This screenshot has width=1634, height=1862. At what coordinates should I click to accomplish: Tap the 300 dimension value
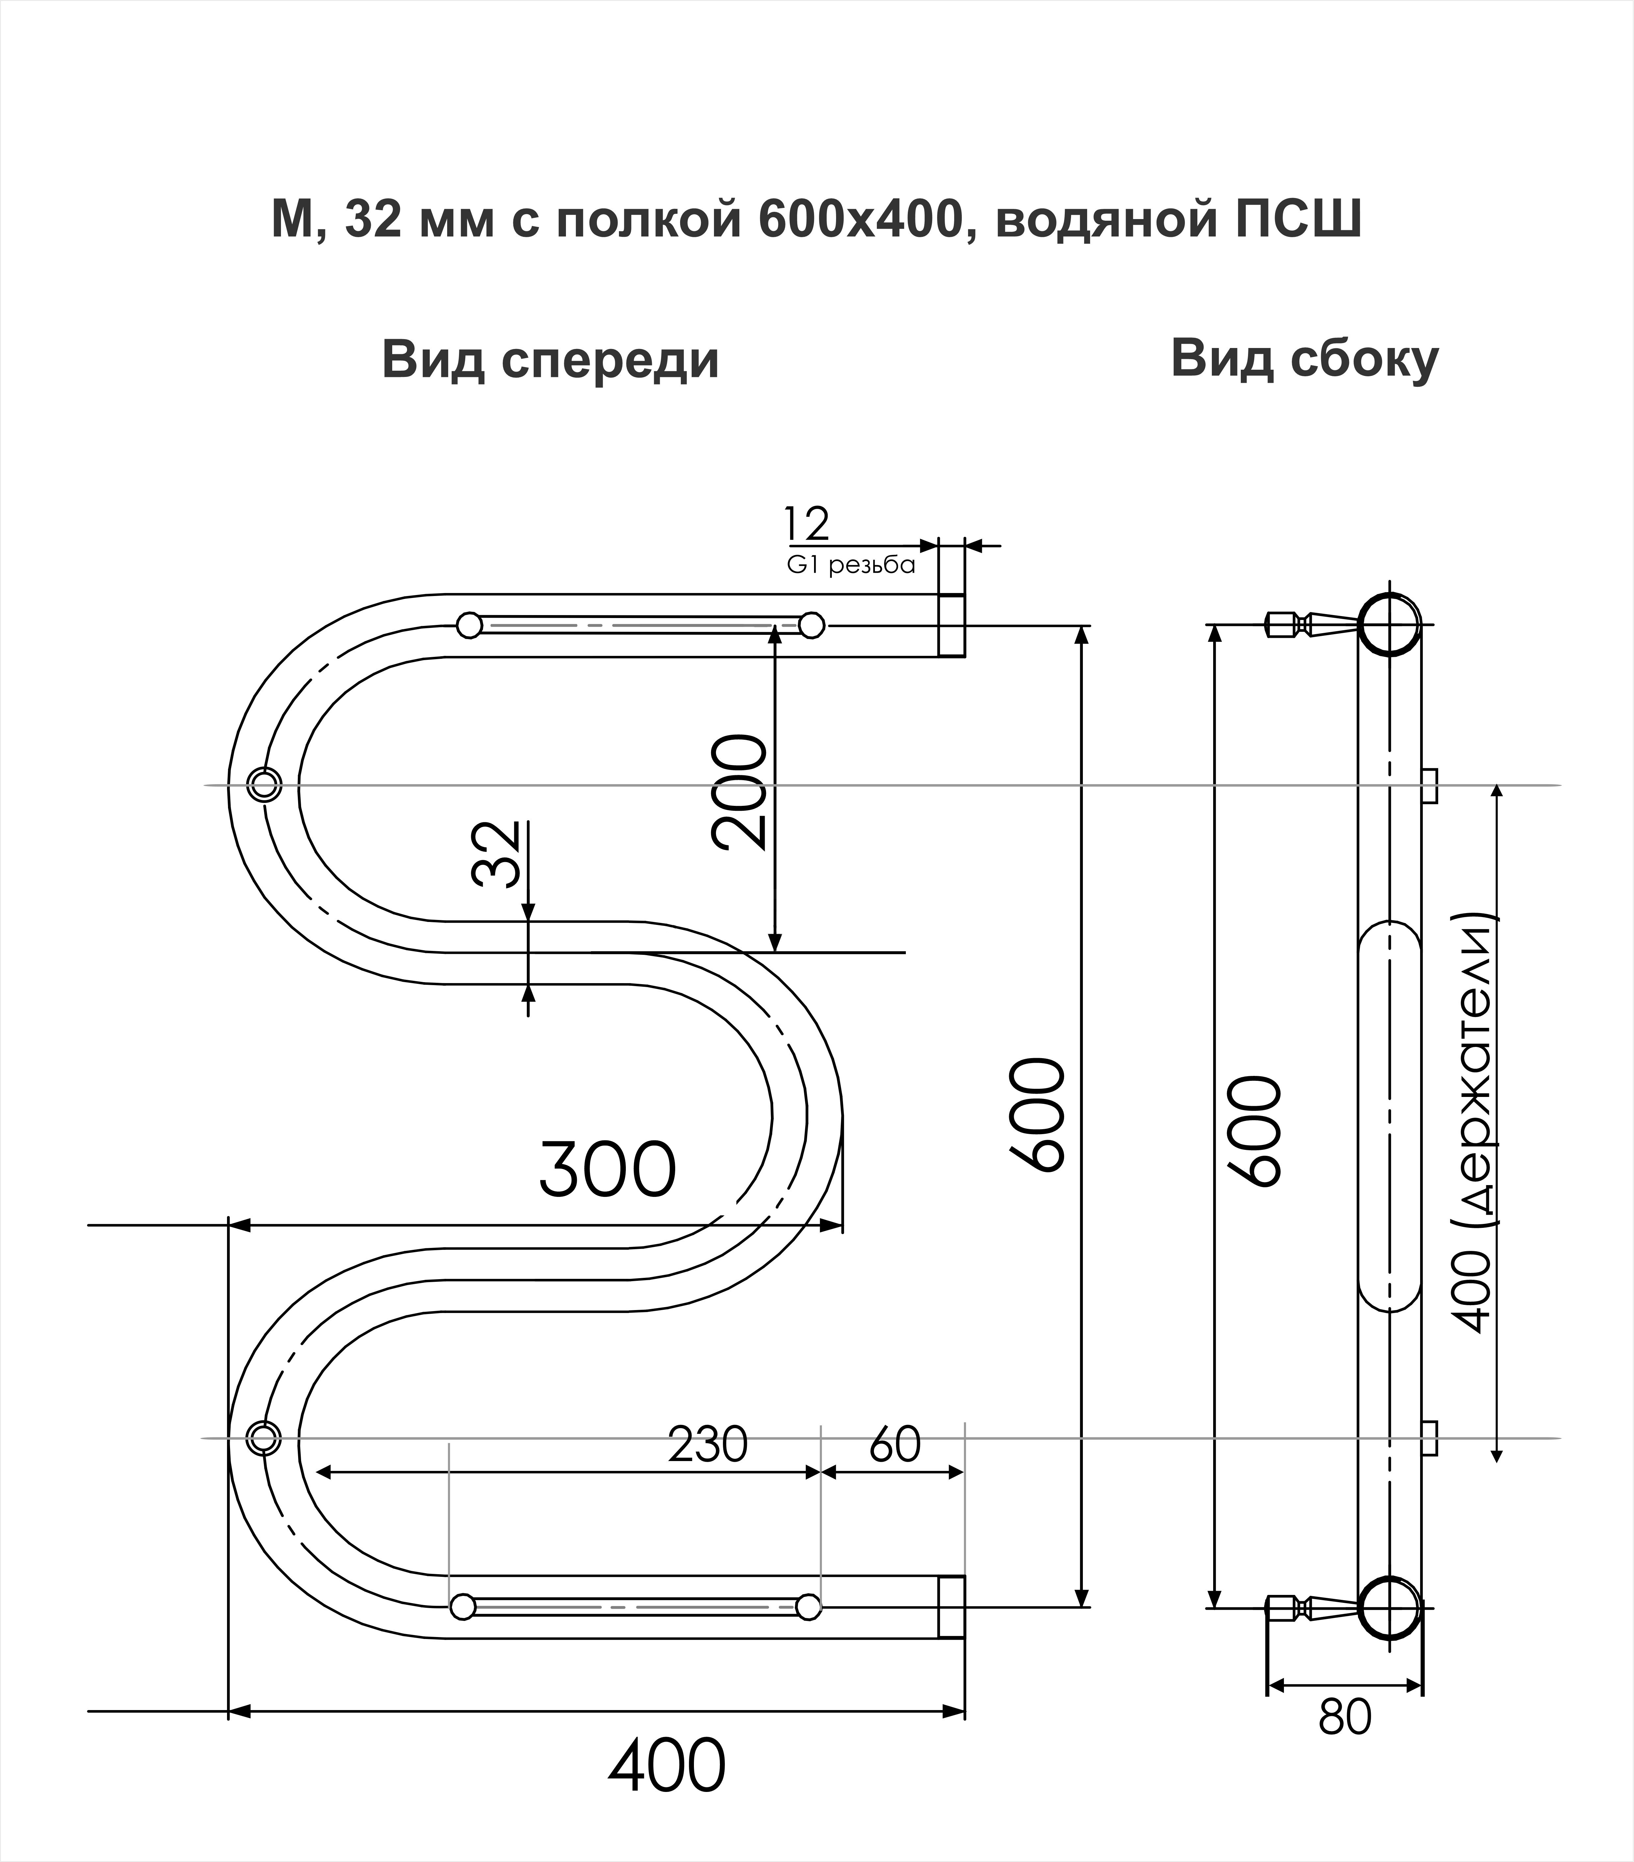pos(608,1171)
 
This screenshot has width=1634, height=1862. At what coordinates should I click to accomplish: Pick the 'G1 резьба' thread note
pos(850,566)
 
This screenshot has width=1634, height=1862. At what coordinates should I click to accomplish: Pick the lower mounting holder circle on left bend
pos(263,1438)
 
